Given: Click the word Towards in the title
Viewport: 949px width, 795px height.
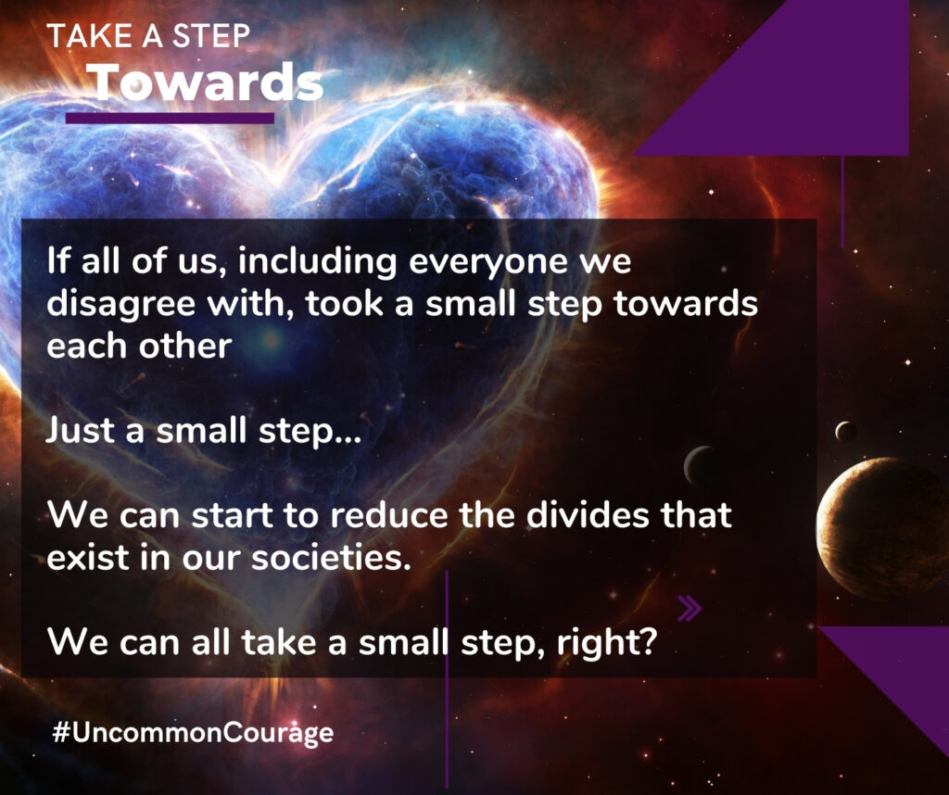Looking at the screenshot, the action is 209,82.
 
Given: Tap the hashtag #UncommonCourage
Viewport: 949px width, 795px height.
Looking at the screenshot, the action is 193,733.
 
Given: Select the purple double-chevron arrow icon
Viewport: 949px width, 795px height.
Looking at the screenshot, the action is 690,609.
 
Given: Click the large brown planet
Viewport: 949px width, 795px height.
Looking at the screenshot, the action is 882,527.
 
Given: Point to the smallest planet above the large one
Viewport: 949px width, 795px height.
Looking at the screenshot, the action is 845,432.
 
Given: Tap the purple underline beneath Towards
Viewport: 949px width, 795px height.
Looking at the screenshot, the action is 170,118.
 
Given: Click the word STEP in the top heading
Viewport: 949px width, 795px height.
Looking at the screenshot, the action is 210,36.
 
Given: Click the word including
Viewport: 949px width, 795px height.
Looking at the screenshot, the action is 317,262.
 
